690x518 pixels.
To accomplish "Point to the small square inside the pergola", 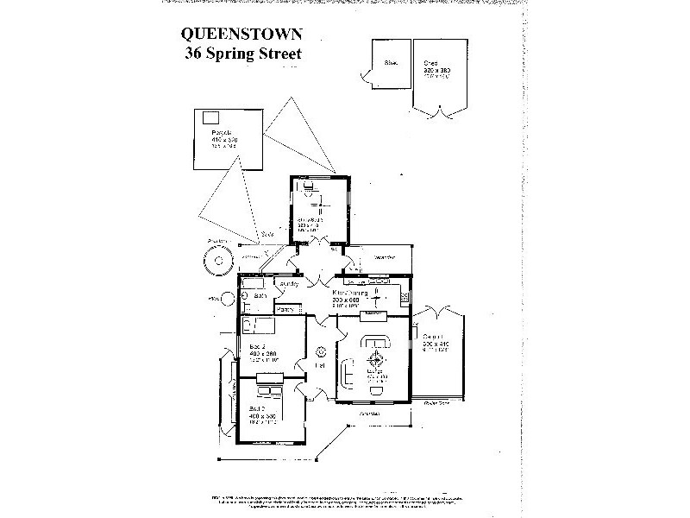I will pyautogui.click(x=210, y=118).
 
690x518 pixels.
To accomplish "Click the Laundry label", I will pyautogui.click(x=288, y=283).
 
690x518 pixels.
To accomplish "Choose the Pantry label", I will pyautogui.click(x=287, y=308).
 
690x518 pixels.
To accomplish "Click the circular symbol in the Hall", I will pyautogui.click(x=320, y=351).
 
